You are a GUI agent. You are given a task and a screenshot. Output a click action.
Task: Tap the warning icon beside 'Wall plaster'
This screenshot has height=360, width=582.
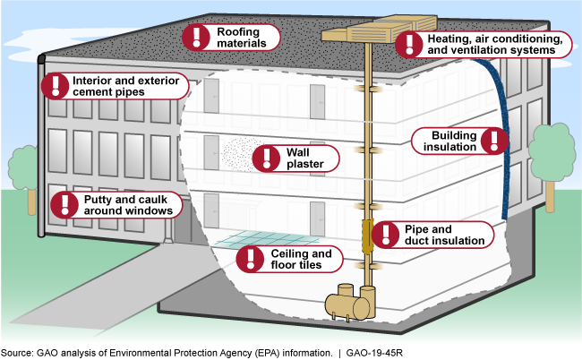266,159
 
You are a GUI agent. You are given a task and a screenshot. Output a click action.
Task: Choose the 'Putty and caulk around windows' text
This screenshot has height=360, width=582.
127,204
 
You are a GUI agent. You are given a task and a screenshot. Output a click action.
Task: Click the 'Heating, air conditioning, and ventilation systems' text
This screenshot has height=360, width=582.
494,45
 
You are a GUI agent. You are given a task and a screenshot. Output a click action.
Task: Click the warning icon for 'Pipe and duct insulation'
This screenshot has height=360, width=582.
386,235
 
